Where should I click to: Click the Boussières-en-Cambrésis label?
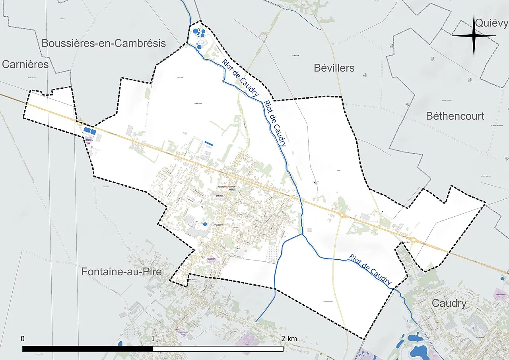pos(103,43)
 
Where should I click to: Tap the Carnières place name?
pos(25,64)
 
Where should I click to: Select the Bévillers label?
pos(334,68)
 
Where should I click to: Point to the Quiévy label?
pos(492,23)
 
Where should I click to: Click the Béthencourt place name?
pos(455,116)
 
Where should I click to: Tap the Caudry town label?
pos(449,304)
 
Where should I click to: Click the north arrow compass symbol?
pos(474,36)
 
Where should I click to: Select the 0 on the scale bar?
pos(23,339)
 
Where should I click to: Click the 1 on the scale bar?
pos(153,339)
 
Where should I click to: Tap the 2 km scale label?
pos(289,339)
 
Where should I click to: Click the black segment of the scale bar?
pos(87,349)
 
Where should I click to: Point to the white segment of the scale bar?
pos(218,349)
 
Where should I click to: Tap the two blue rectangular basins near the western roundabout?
pos(90,131)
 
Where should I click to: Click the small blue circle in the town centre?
pos(205,224)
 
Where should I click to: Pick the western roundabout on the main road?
pos(80,123)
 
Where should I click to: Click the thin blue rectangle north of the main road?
pos(208,143)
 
